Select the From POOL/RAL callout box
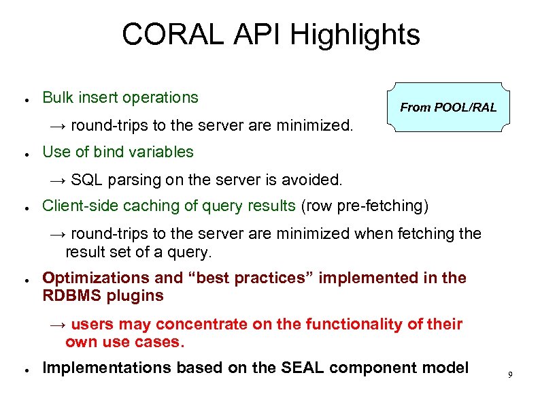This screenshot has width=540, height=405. pos(448,107)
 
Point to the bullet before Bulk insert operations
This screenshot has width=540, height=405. pos(24,99)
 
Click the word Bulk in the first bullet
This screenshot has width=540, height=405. pos(58,97)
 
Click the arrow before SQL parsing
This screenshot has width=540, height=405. pos(58,180)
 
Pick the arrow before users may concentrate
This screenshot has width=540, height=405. pos(58,325)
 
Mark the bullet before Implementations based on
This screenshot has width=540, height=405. pos(24,370)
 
